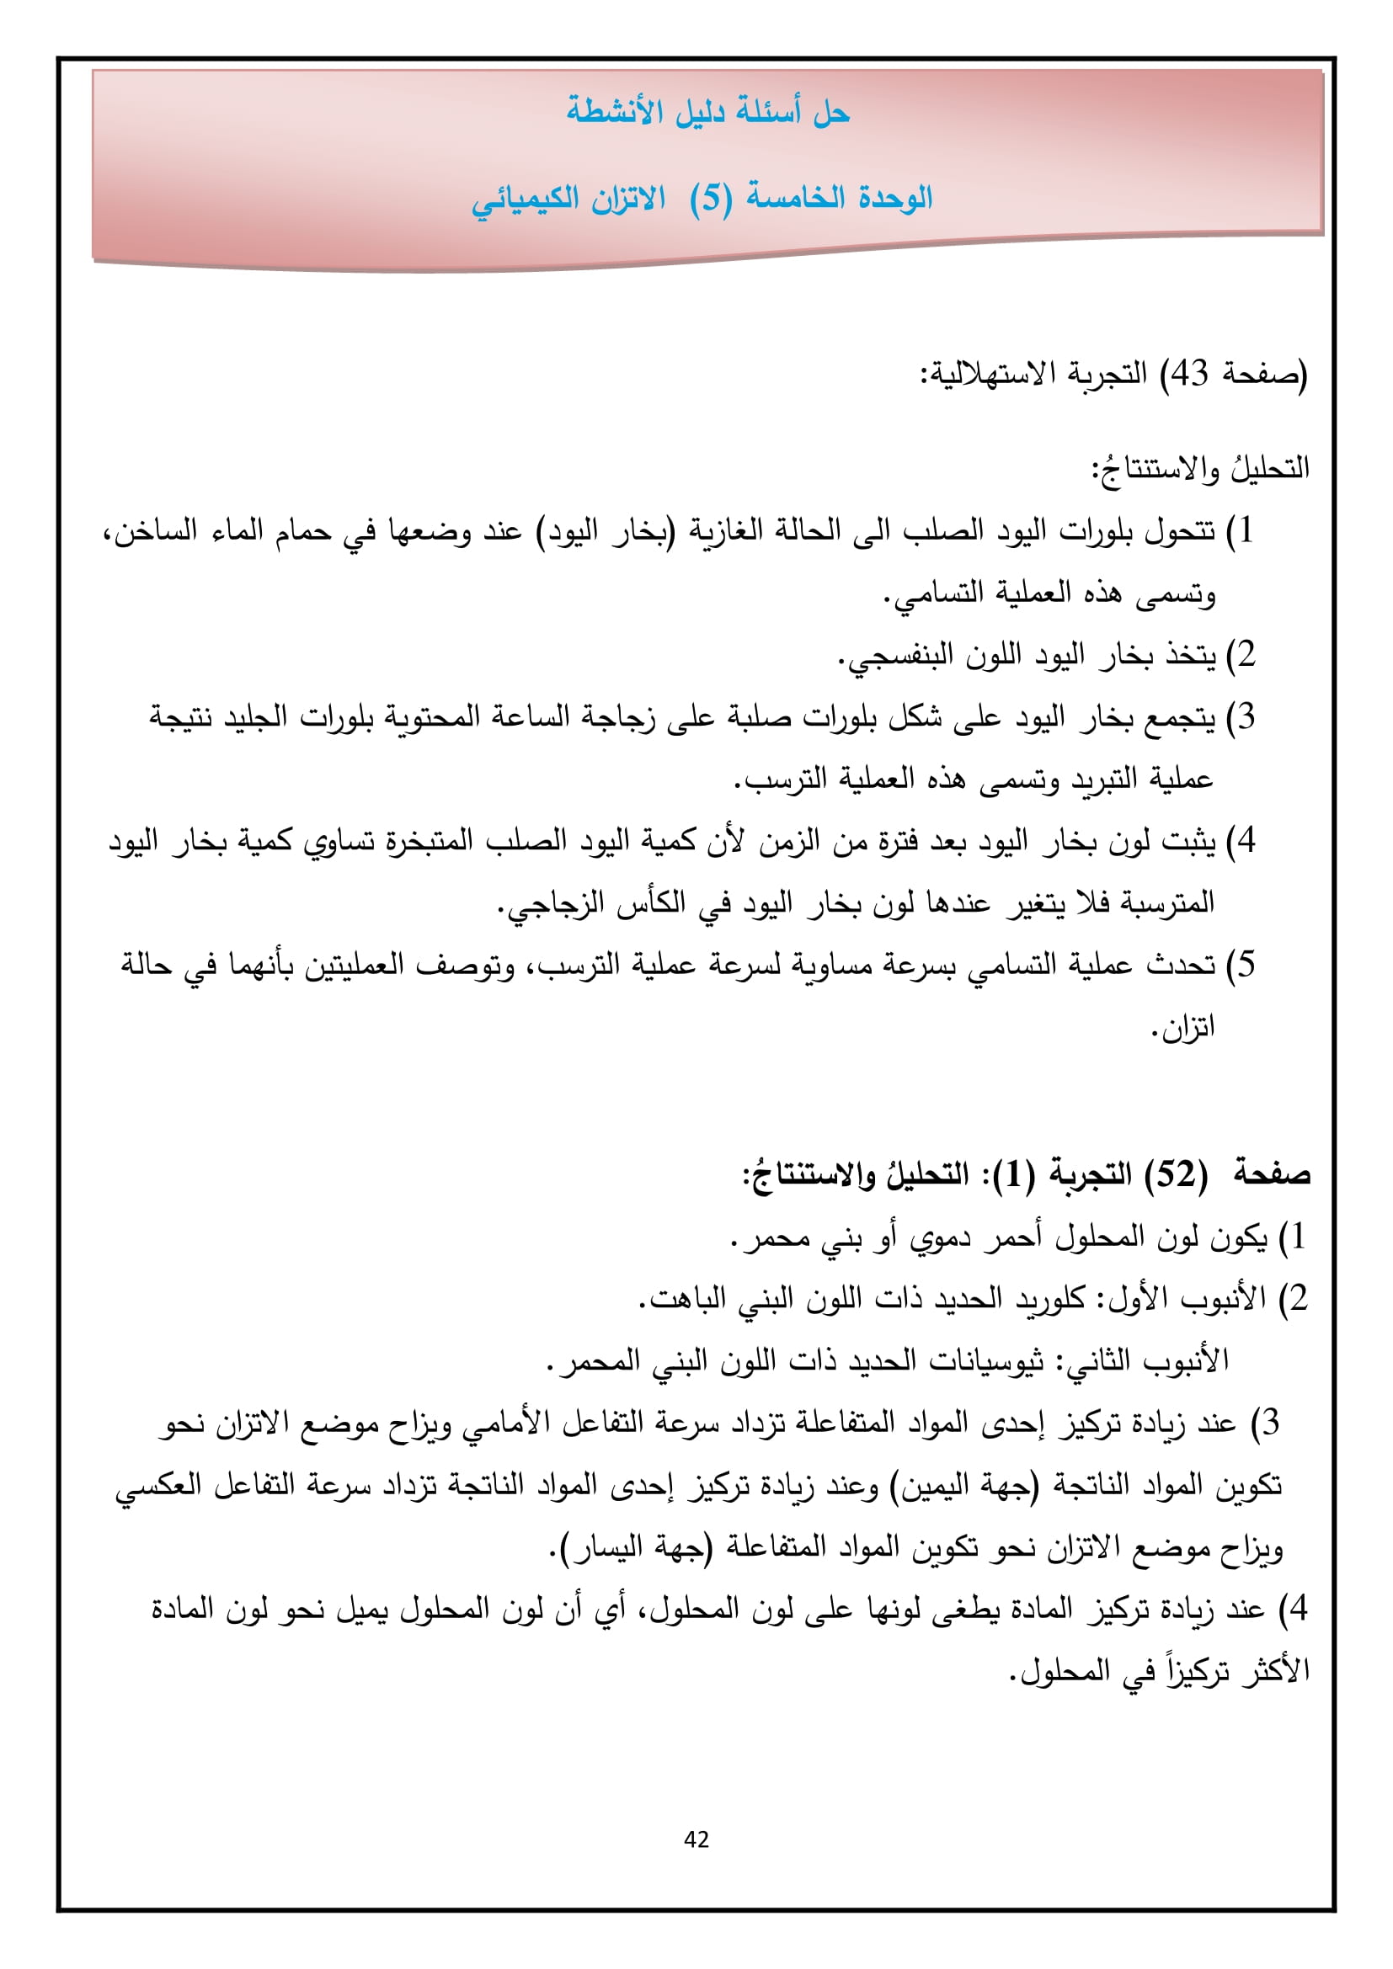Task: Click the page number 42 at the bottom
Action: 696,1839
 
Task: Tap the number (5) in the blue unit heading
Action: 711,199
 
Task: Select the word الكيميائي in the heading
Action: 523,200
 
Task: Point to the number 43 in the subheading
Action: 1190,374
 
